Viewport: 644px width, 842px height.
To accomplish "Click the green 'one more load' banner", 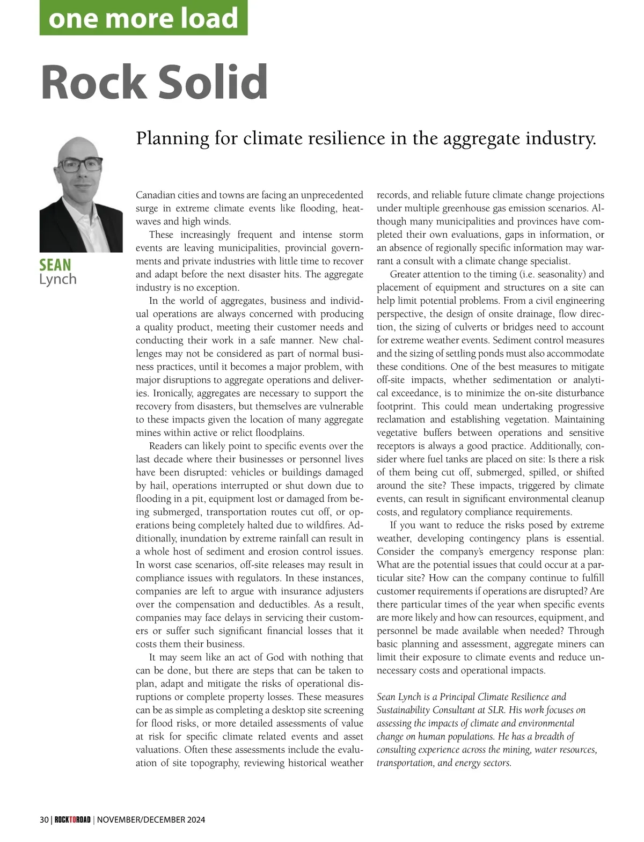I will pos(143,18).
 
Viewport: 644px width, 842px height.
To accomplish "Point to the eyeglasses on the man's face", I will pos(80,164).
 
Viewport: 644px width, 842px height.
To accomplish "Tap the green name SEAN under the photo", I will pos(55,265).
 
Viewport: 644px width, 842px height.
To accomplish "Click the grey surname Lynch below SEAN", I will pos(58,279).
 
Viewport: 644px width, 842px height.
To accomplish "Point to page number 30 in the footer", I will pos(44,820).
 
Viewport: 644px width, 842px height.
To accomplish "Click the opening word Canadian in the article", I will pos(156,195).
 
